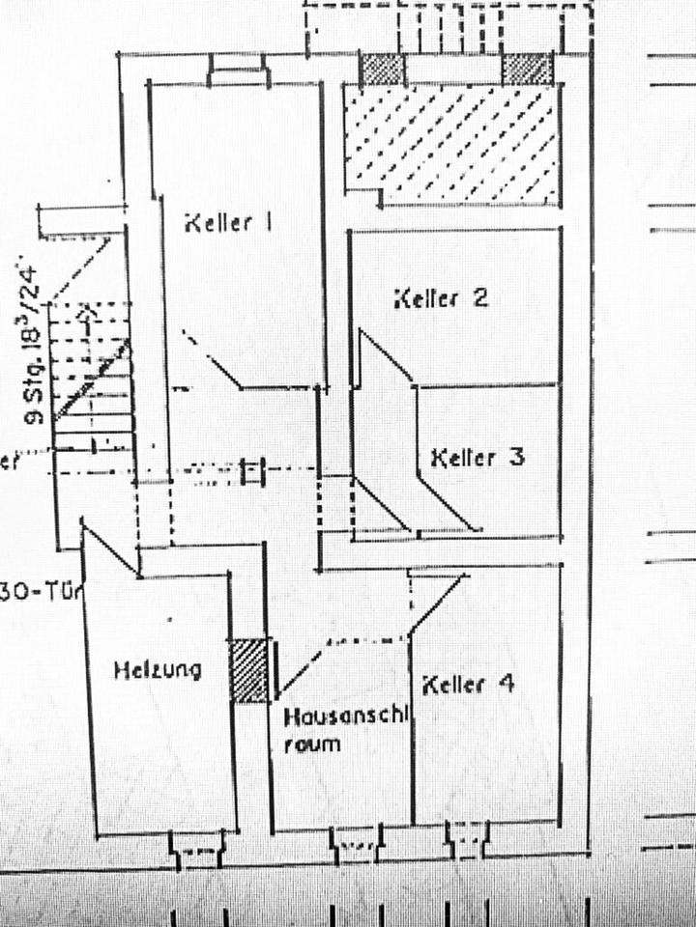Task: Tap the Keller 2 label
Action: pyautogui.click(x=441, y=297)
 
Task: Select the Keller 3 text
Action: pyautogui.click(x=478, y=456)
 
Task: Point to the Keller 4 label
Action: pyautogui.click(x=468, y=685)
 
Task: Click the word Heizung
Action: pyautogui.click(x=158, y=669)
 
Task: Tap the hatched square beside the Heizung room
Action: pyautogui.click(x=249, y=670)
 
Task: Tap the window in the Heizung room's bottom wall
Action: pyautogui.click(x=198, y=850)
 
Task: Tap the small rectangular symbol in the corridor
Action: pyautogui.click(x=251, y=470)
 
